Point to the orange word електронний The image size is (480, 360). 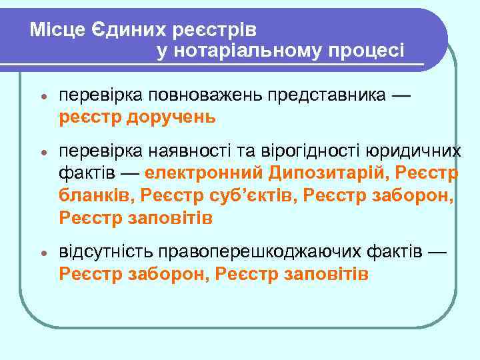pos(205,175)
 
